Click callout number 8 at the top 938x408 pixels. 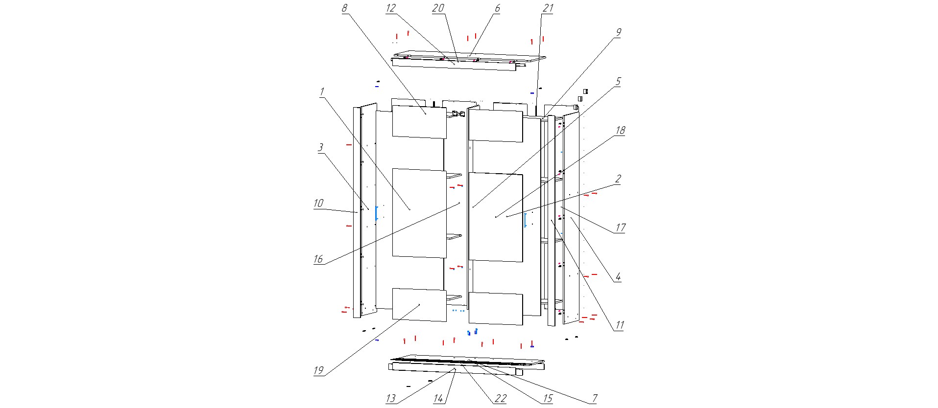[x=344, y=8]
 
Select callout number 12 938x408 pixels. [x=390, y=8]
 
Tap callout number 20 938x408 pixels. [x=438, y=8]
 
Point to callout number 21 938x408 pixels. [x=548, y=8]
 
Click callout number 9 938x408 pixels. [x=618, y=32]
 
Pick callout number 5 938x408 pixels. [x=618, y=81]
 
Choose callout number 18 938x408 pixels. [x=620, y=130]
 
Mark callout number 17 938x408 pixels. [x=620, y=227]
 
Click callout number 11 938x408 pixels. [x=620, y=325]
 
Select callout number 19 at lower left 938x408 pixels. [x=318, y=370]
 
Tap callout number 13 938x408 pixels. [x=390, y=398]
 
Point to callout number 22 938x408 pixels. [x=500, y=398]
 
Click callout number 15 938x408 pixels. [x=548, y=398]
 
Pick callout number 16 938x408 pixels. [x=318, y=259]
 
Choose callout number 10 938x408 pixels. [x=318, y=203]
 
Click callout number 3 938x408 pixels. [x=320, y=147]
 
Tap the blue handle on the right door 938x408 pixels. [x=525, y=220]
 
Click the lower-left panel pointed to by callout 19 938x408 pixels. [x=419, y=304]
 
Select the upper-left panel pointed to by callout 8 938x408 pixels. [x=419, y=121]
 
